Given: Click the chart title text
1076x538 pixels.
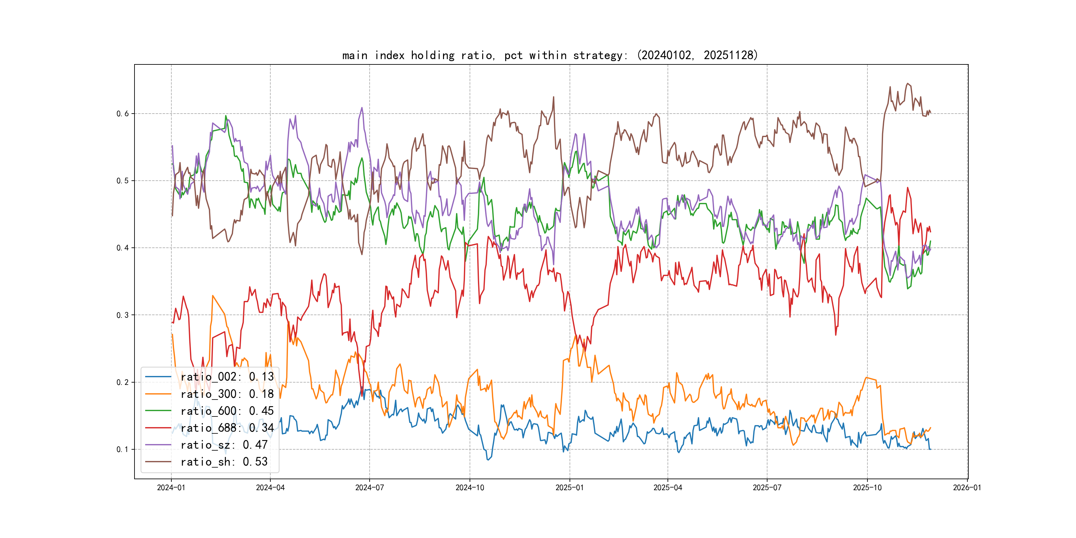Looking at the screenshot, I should [x=550, y=55].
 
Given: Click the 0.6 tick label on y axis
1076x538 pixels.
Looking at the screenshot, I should [x=123, y=114].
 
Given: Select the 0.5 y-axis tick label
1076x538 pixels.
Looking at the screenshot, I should [x=123, y=181].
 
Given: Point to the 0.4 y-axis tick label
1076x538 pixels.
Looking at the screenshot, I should [x=123, y=248].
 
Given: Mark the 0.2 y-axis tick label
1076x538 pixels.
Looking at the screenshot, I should [x=123, y=382].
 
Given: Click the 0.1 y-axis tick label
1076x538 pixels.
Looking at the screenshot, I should [x=123, y=449].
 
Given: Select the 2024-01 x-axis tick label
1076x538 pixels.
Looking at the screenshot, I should [x=171, y=488].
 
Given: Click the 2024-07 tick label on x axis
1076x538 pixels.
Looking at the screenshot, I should [x=369, y=488].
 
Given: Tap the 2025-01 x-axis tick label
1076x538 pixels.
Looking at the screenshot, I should [x=569, y=488].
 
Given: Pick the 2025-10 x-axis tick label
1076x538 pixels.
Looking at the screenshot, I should [x=867, y=488].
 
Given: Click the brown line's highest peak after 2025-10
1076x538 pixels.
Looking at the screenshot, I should [x=908, y=84].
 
